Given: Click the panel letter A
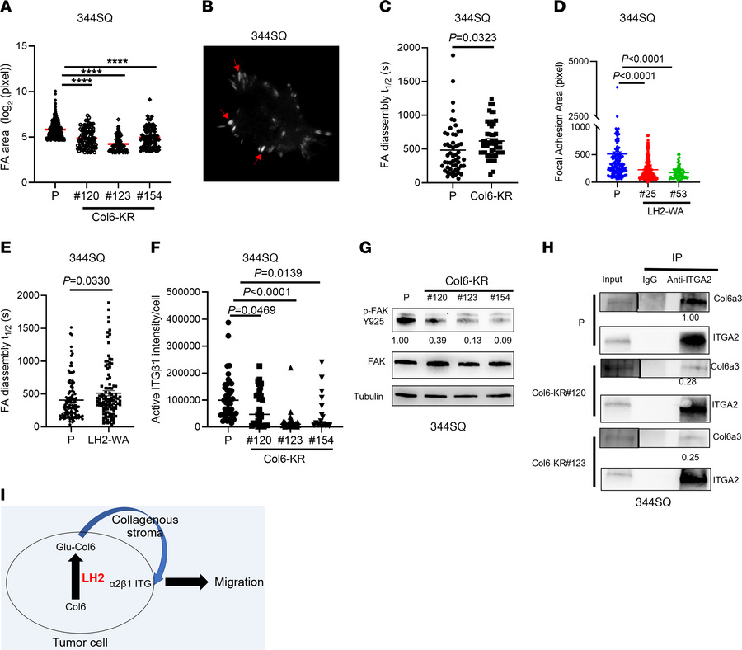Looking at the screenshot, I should point(7,8).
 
